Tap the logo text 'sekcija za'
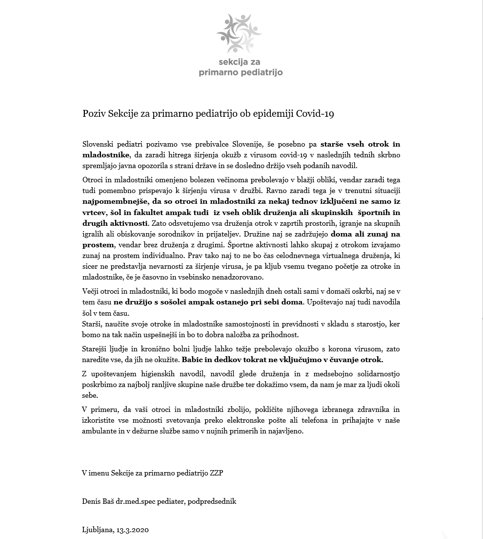241,62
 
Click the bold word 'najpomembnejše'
112,201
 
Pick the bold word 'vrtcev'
94,212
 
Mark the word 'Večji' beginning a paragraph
92,291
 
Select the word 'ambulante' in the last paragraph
99,431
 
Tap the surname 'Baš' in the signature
108,501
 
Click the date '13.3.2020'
133,530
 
